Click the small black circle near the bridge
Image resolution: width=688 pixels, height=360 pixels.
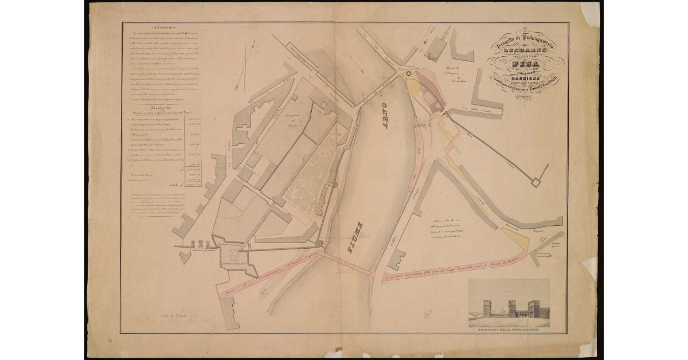point(408,73)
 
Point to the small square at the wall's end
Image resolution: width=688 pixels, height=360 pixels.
point(537,182)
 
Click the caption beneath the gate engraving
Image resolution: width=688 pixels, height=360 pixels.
point(509,332)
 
